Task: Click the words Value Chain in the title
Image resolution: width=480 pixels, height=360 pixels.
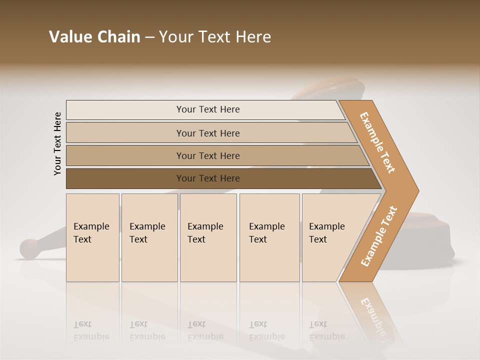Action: [x=94, y=37]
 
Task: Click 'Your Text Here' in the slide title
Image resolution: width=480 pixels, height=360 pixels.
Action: [x=215, y=37]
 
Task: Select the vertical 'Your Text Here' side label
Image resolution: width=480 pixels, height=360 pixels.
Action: [x=57, y=143]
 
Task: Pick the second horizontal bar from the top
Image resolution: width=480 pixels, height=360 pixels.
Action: [x=207, y=133]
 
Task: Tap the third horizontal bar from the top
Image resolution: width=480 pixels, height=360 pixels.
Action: [x=207, y=155]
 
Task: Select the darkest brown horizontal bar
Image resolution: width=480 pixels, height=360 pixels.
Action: [x=207, y=178]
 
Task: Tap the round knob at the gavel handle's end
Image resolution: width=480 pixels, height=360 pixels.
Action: [x=29, y=248]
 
